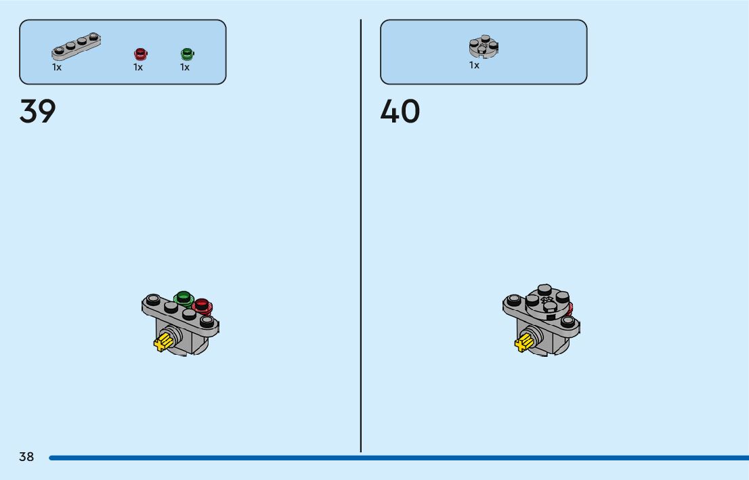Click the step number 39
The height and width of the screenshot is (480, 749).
point(37,112)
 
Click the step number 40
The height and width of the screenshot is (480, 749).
point(400,112)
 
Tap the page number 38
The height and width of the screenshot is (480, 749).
point(26,457)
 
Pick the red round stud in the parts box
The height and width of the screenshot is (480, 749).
point(140,54)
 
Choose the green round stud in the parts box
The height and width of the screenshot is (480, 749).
point(187,53)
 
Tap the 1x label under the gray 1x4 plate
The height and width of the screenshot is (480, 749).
point(57,68)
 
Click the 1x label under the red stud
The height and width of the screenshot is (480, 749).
point(138,68)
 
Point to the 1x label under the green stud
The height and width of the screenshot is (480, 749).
point(185,68)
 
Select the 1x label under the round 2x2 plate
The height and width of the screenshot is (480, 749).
point(474,66)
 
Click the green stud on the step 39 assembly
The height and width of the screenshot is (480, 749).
point(183,297)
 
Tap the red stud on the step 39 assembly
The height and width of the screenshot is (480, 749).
point(203,305)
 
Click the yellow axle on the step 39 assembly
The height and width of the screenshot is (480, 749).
point(163,342)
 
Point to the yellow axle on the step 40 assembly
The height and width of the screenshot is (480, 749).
point(523,343)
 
